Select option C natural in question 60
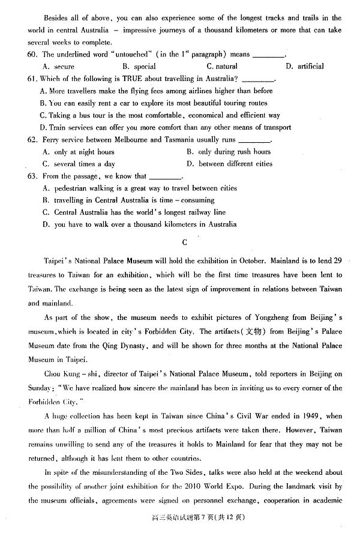pos(221,67)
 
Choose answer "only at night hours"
pos(78,152)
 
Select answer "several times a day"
pos(78,164)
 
